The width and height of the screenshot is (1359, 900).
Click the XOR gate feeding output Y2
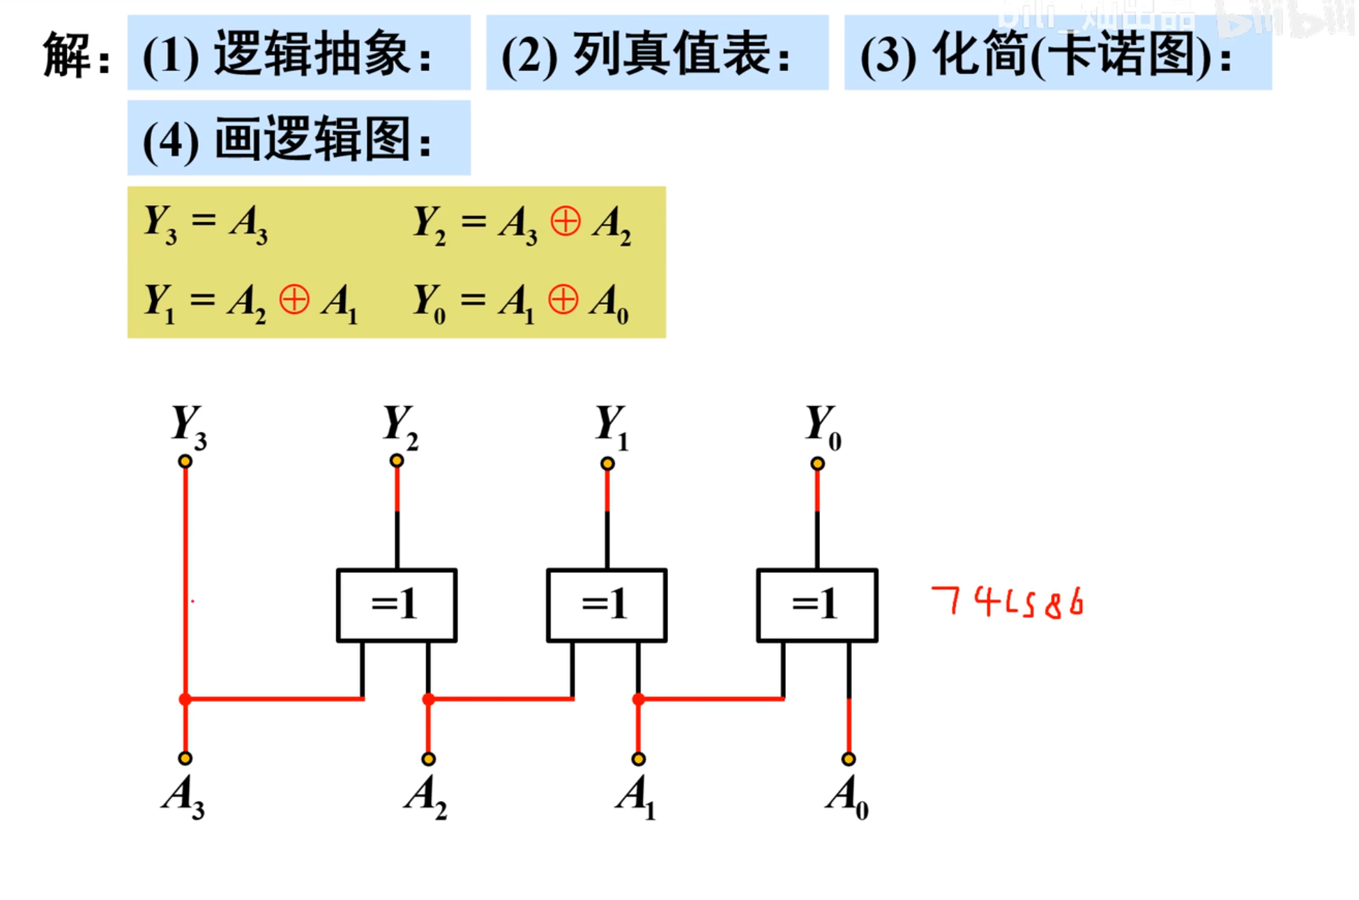click(x=396, y=605)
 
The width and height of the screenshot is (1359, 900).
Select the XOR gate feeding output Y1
click(x=607, y=605)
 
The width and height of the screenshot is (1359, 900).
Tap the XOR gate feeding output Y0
click(x=817, y=605)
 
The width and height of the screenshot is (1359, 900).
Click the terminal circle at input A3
click(x=185, y=758)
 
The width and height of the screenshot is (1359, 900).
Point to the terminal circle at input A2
click(x=428, y=759)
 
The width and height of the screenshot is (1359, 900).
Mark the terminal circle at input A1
click(x=638, y=759)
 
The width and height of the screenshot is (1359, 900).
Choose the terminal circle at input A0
click(x=848, y=759)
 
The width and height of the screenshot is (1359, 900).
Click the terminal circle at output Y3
click(x=185, y=461)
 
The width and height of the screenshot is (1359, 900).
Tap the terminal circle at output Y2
click(x=397, y=460)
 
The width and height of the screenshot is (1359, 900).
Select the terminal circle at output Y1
click(x=607, y=463)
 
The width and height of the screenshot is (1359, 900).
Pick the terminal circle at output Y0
click(x=817, y=463)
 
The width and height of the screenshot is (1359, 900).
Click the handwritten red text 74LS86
click(x=1008, y=602)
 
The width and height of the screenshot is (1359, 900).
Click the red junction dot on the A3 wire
click(x=185, y=699)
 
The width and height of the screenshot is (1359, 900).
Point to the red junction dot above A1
click(x=638, y=699)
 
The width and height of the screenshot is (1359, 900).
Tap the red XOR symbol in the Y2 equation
click(x=565, y=223)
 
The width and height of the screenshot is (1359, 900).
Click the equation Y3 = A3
click(x=206, y=223)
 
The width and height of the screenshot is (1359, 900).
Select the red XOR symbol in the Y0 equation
click(x=563, y=301)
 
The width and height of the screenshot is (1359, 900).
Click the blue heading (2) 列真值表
click(x=657, y=53)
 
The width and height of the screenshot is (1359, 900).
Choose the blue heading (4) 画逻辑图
click(x=298, y=138)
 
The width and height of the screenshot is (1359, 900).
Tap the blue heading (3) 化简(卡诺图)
click(x=1057, y=53)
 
